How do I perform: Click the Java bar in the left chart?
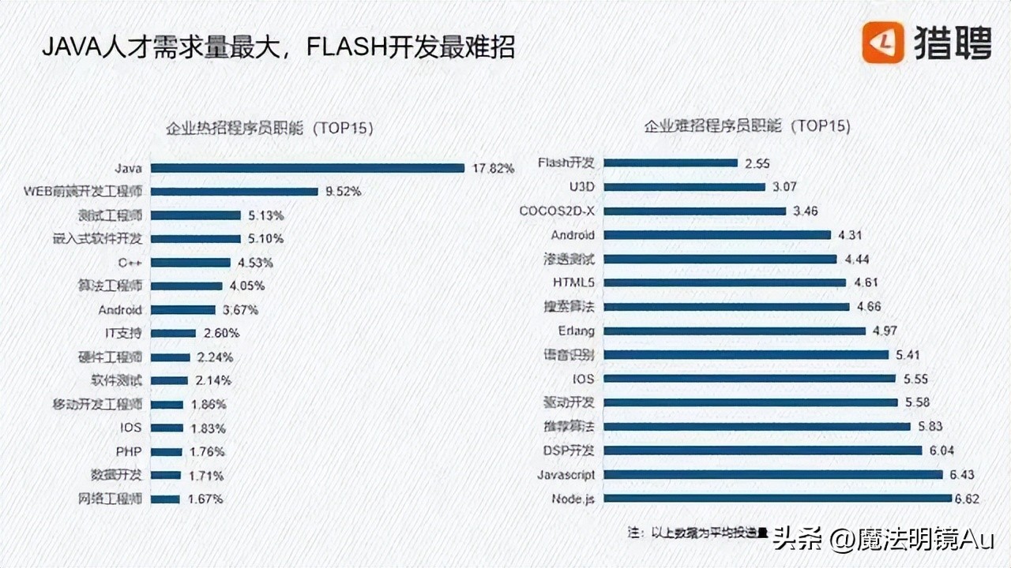[x=307, y=168]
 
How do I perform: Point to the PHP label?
[x=129, y=452]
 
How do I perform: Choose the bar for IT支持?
[x=173, y=334]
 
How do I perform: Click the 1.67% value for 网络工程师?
[x=205, y=499]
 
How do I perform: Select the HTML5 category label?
[x=573, y=282]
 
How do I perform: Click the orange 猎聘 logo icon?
[x=882, y=42]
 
